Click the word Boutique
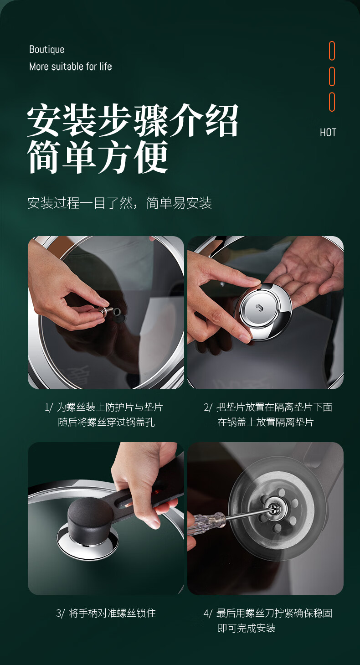click(47, 49)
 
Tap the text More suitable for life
click(71, 66)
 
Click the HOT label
click(328, 132)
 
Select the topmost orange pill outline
click(332, 51)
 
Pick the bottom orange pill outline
click(332, 102)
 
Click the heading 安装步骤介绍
click(133, 120)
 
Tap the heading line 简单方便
click(98, 157)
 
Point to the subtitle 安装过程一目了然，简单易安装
click(119, 203)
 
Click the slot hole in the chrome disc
click(259, 308)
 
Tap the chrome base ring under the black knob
click(87, 536)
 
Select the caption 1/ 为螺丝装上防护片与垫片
click(104, 407)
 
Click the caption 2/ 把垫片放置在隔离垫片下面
click(268, 407)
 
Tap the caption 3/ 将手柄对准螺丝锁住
click(106, 613)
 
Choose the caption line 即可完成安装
click(247, 628)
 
